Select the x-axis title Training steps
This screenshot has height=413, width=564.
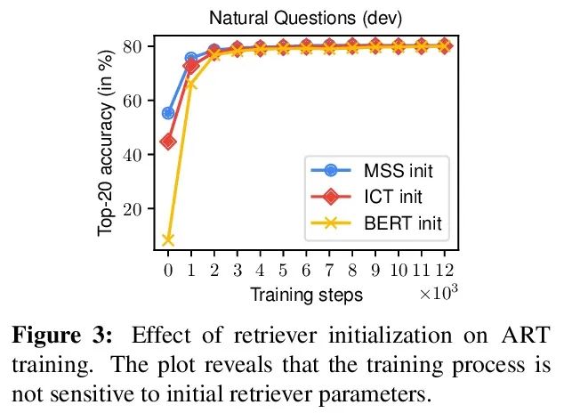click(306, 294)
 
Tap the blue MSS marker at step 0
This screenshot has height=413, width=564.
click(168, 113)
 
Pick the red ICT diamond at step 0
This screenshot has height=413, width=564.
click(168, 141)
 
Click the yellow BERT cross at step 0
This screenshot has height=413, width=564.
click(168, 239)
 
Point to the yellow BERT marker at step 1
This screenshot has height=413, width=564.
click(191, 83)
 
